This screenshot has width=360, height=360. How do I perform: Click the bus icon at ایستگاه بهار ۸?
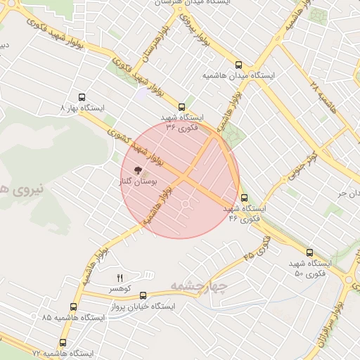pos(82,98)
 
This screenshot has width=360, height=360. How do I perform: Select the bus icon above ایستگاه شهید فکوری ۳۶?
pos(183,106)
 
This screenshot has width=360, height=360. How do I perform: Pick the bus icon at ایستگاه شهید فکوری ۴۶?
pos(245,198)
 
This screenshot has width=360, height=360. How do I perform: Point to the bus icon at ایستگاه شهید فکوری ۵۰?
pos(309,252)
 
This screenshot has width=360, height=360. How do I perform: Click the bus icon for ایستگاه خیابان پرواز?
pos(144,296)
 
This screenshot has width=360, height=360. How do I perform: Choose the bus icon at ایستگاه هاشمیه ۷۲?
pos(63,342)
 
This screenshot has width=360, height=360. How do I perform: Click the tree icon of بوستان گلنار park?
pos(137,169)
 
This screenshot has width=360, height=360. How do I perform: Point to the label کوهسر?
pos(120,288)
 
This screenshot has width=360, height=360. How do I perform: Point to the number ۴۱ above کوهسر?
pos(120,278)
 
